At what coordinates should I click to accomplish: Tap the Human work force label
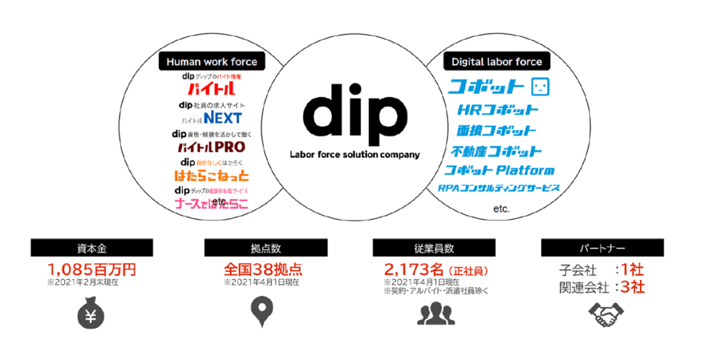pos(212,62)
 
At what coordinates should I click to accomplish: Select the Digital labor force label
pos(496,62)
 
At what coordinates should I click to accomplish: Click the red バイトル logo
pos(211,90)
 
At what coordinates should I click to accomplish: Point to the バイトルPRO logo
pos(211,147)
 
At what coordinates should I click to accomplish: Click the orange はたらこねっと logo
pos(211,175)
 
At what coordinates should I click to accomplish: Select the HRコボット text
pos(498,110)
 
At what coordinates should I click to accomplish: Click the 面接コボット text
pos(496,130)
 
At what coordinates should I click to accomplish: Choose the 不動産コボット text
pos(496,151)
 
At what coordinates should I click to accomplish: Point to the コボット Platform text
pos(500,171)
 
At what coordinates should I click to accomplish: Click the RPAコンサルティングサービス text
pos(499,189)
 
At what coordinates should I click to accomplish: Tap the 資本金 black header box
pos(91,248)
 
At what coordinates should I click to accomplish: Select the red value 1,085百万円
pos(91,269)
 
